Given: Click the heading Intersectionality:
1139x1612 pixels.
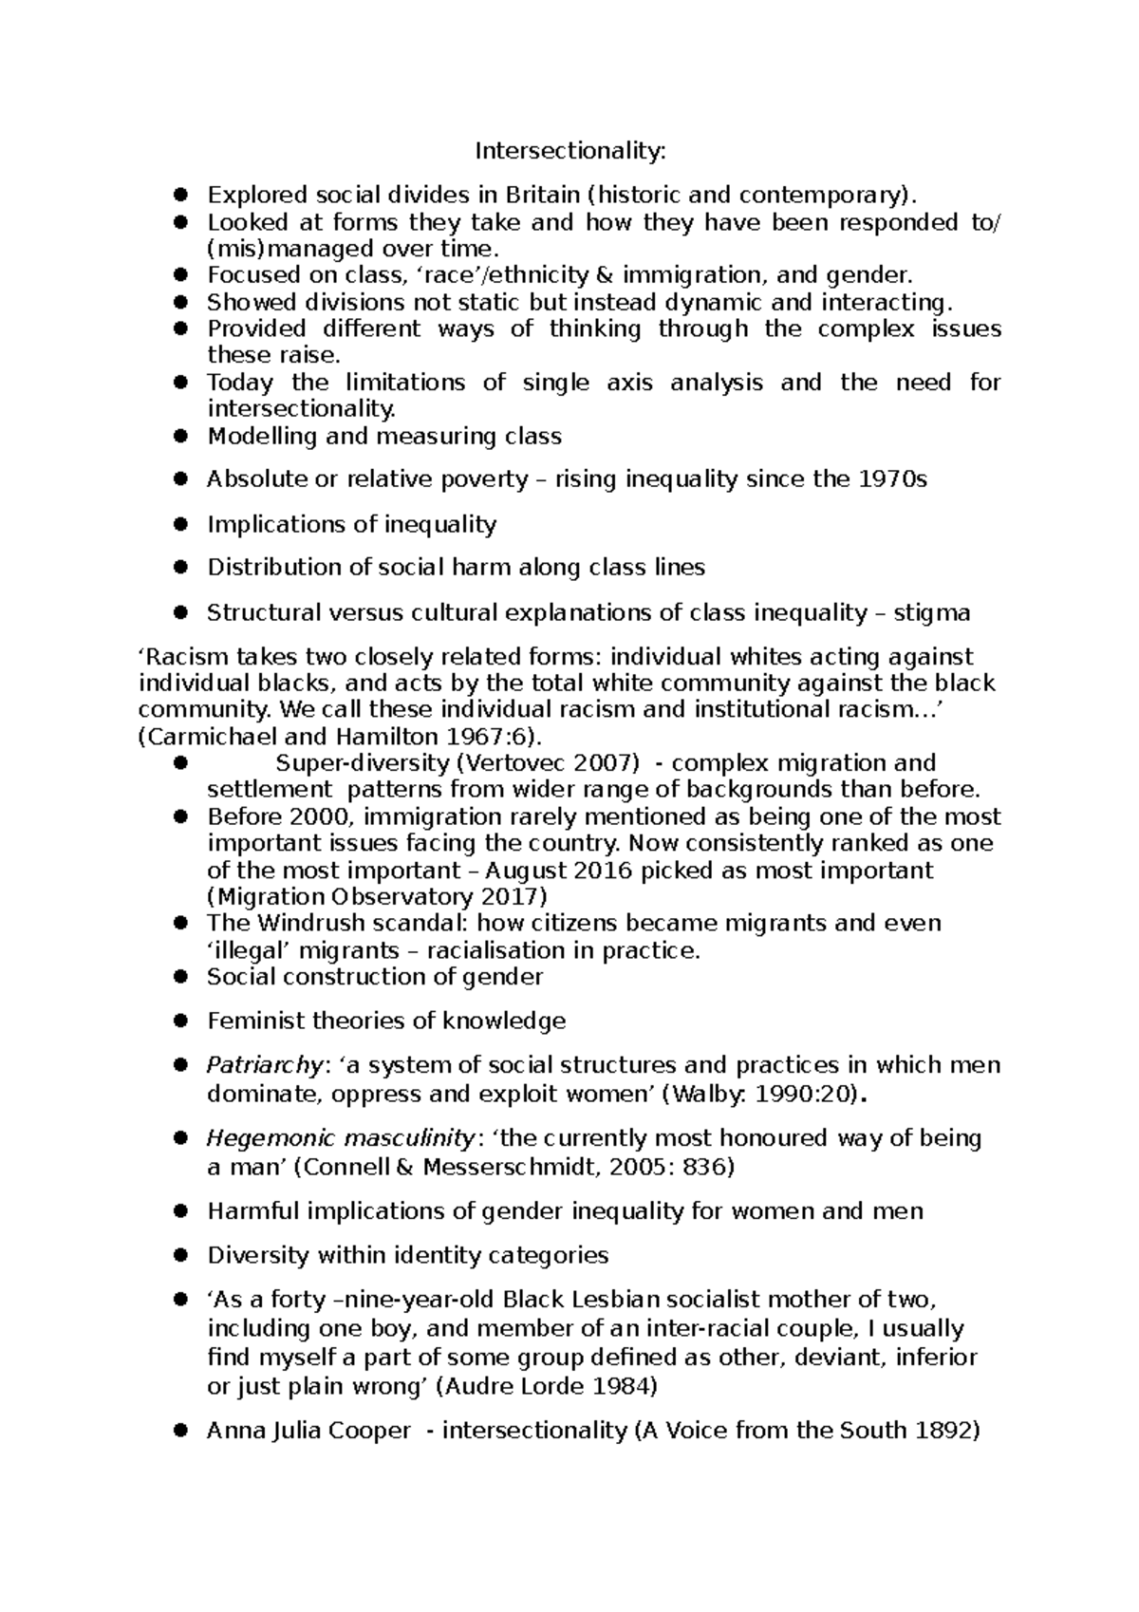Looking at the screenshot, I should pyautogui.click(x=570, y=151).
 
